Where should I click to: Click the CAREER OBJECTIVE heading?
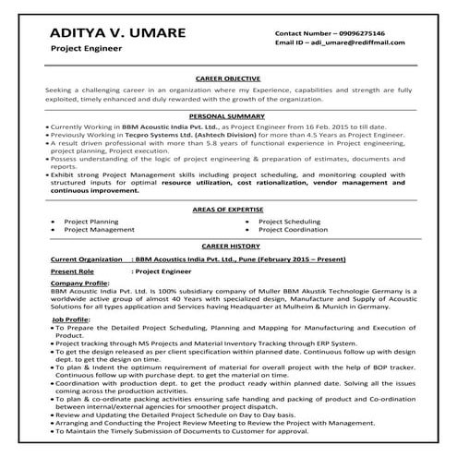tap(228, 79)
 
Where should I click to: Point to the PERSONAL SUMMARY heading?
tap(228, 117)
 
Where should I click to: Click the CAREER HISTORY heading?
tap(228, 248)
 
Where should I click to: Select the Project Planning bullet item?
tap(92, 222)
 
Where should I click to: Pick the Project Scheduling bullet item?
tap(289, 222)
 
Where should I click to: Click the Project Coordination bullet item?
tap(293, 230)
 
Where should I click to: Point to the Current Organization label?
tap(87, 261)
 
